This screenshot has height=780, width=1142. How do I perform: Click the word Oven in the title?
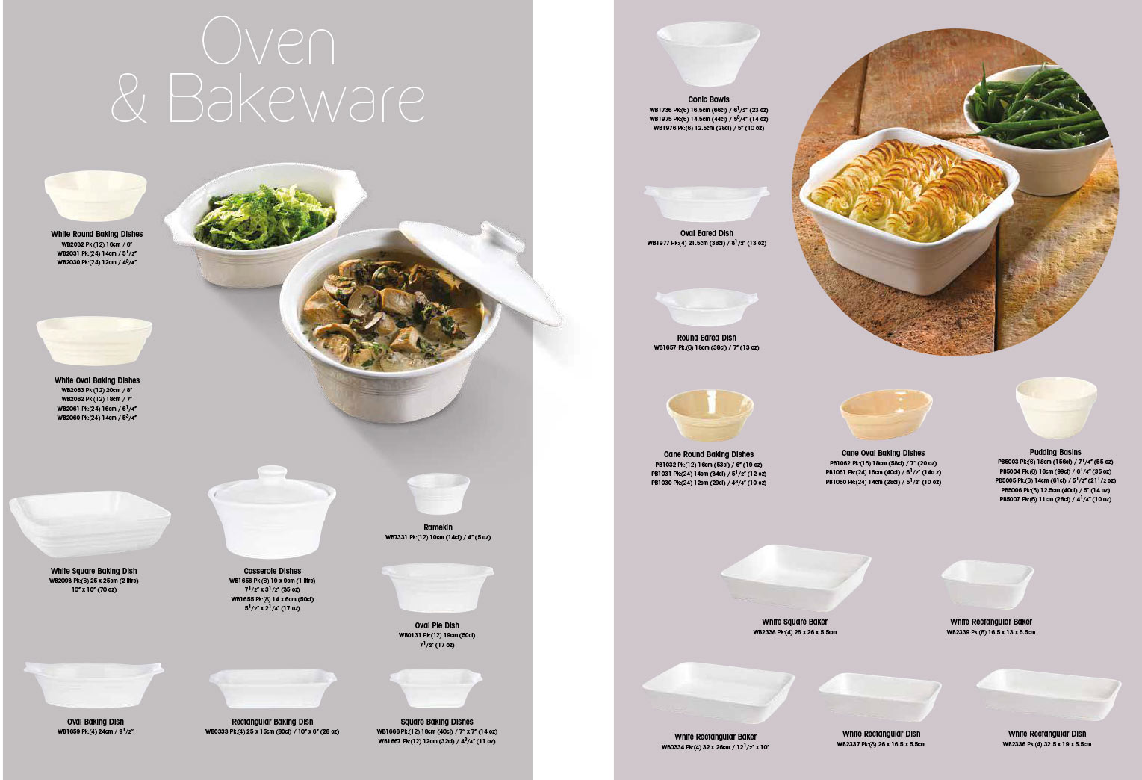click(x=268, y=42)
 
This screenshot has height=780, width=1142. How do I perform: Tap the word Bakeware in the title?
click(x=297, y=99)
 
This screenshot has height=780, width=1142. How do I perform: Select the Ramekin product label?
click(x=438, y=527)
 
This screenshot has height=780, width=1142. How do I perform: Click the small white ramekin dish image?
click(x=438, y=494)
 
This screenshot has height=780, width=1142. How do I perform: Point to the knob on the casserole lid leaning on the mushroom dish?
click(x=501, y=238)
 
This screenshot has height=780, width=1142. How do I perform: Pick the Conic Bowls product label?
click(x=709, y=99)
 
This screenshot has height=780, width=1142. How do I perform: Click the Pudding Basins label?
click(x=1055, y=452)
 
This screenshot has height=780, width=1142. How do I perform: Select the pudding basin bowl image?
click(x=1055, y=407)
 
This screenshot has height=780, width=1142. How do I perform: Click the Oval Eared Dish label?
click(x=707, y=233)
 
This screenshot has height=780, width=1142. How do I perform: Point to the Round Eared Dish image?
click(x=706, y=307)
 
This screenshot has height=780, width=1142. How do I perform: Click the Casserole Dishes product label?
click(x=272, y=571)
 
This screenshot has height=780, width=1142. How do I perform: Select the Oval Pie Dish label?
click(x=437, y=625)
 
